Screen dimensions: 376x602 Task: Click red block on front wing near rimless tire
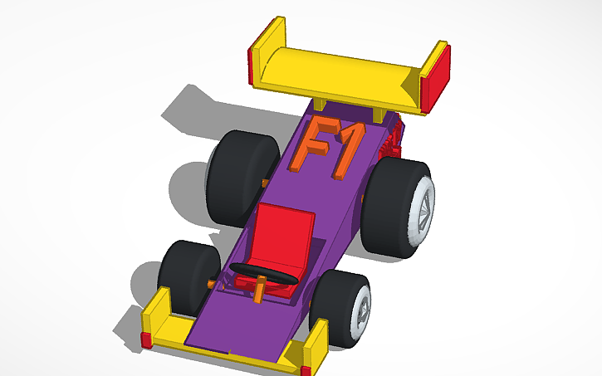[146, 339]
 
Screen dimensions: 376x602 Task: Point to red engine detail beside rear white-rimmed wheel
[393, 141]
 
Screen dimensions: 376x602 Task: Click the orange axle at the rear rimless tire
[264, 182]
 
